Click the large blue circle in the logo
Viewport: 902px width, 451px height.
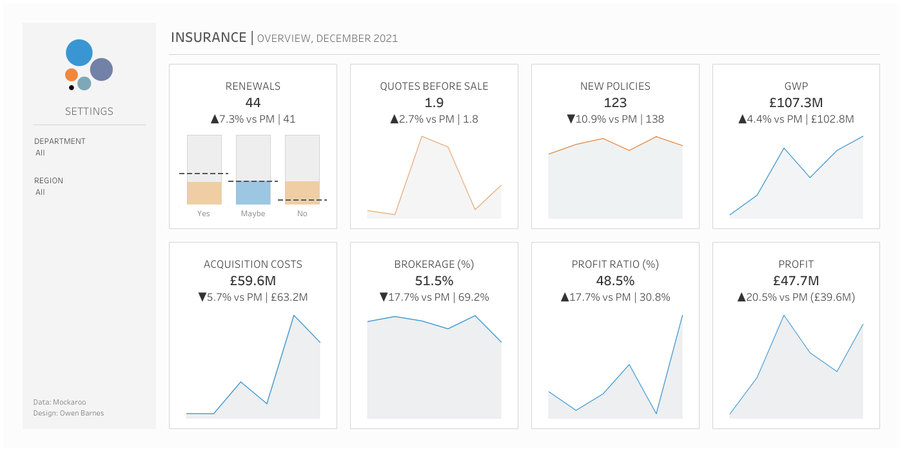[79, 53]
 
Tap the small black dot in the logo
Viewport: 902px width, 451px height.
[72, 88]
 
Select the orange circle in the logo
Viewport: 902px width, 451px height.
[72, 75]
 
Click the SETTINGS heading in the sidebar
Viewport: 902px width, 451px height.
[89, 111]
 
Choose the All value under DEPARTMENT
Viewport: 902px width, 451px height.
[40, 153]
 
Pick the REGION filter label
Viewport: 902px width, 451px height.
[49, 181]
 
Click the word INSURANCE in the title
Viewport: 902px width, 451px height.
[209, 37]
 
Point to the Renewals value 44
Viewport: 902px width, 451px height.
[253, 103]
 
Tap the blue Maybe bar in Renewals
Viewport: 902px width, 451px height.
[253, 193]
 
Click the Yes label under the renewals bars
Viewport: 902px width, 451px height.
[203, 214]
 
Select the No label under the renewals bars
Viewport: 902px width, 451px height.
[302, 214]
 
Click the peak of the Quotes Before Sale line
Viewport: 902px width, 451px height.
[422, 137]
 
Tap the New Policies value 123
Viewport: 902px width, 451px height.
[615, 103]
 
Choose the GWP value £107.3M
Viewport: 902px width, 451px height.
[796, 103]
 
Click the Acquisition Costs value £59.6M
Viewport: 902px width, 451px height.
[253, 281]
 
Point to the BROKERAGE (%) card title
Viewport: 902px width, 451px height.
[434, 265]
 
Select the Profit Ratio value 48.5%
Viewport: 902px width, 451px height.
[615, 281]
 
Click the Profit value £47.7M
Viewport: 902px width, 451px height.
[796, 281]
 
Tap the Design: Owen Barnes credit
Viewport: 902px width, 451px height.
[68, 413]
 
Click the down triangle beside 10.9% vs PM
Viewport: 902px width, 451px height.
[571, 119]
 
